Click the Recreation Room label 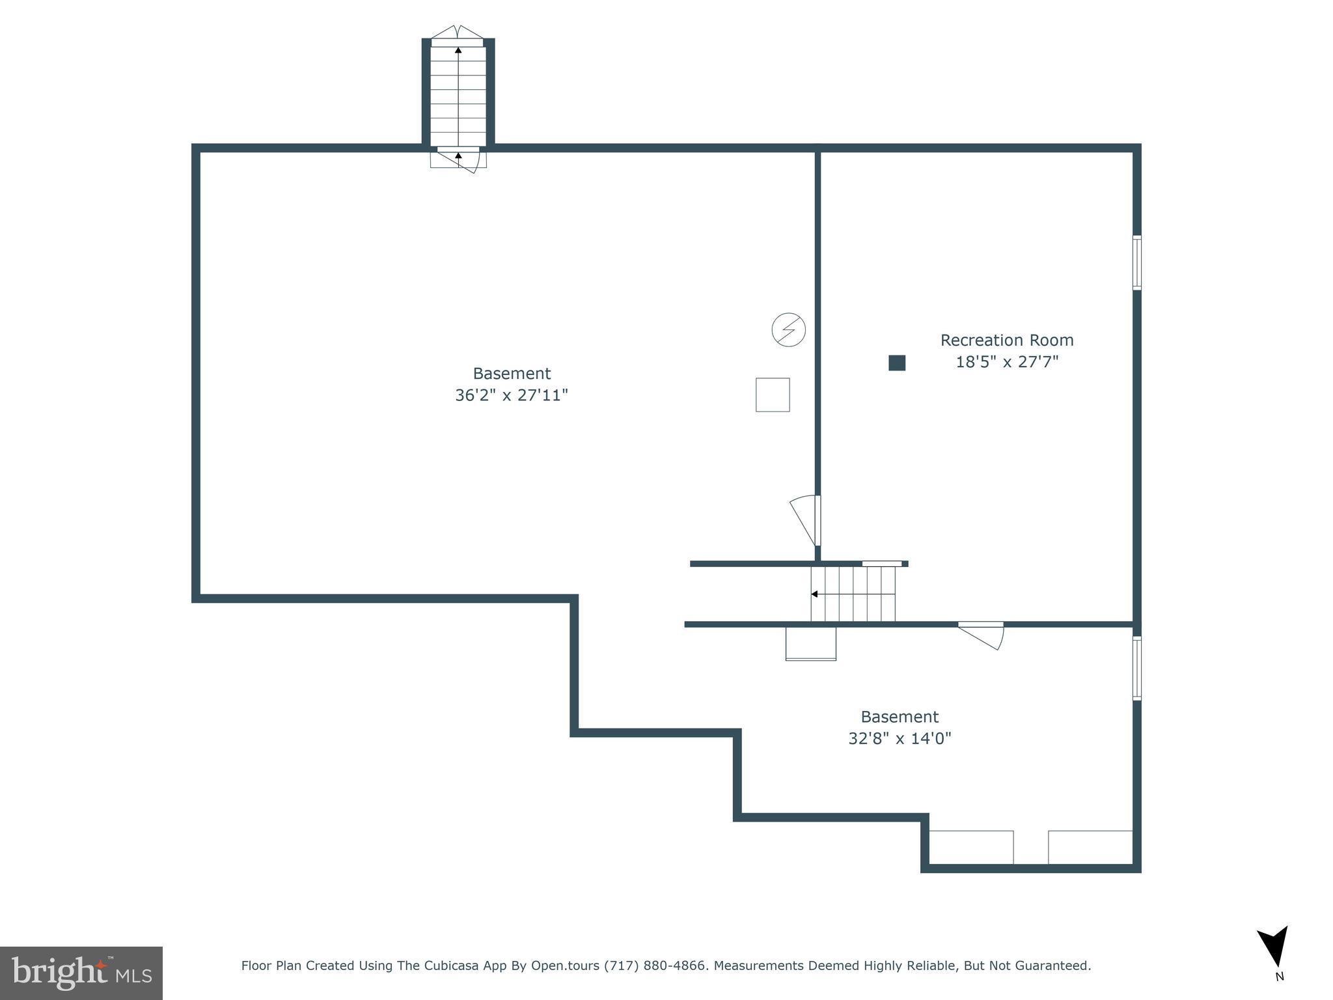1006,340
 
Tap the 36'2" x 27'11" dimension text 512,395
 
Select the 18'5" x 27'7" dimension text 1006,362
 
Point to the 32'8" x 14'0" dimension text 900,738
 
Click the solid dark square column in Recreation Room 897,363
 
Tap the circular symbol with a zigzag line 788,329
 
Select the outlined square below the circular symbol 773,395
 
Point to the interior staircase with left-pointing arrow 853,594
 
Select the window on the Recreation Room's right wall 1136,262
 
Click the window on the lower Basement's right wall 1136,668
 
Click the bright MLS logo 81,973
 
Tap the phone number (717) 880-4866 655,965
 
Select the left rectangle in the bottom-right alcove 970,847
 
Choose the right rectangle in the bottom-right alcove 1090,847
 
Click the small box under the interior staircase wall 810,643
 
